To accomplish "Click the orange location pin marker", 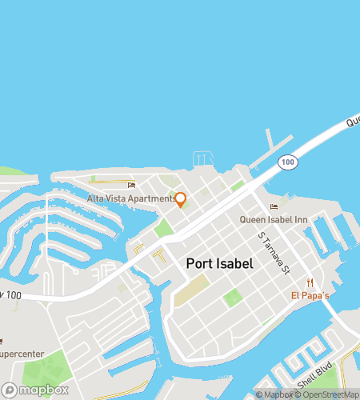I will click(x=181, y=199).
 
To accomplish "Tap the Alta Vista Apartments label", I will click(x=130, y=198).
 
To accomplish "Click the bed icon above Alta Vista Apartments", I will click(x=131, y=186).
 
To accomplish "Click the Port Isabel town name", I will click(x=220, y=263).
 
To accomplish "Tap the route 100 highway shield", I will click(x=286, y=162).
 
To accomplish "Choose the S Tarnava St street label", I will click(x=273, y=253).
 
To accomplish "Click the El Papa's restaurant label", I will click(x=310, y=294).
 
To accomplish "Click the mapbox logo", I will click(x=35, y=390).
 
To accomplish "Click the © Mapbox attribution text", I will click(x=274, y=394).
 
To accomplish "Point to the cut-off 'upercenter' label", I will click(x=16, y=354).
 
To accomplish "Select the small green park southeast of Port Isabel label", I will click(x=233, y=298).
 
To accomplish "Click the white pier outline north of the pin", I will click(x=202, y=158).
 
